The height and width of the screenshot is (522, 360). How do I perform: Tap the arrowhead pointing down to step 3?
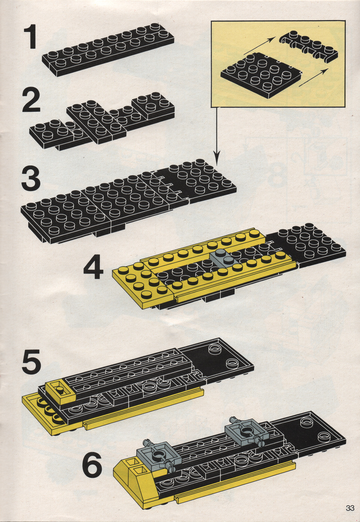pyautogui.click(x=217, y=159)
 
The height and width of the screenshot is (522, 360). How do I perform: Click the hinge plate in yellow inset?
pyautogui.click(x=308, y=46)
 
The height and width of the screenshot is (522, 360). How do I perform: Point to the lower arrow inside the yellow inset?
pyautogui.click(x=314, y=77)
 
